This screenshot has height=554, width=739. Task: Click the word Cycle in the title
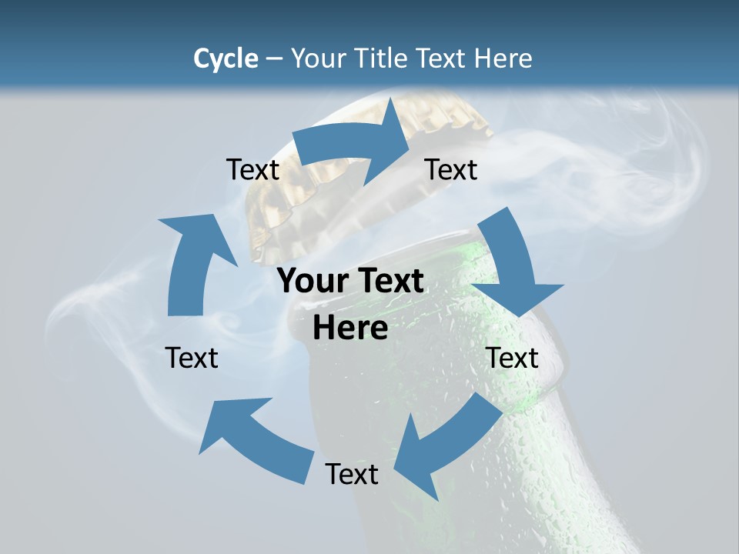point(226,58)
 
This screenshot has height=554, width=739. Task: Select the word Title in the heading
point(385,58)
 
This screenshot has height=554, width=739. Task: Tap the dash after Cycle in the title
point(274,59)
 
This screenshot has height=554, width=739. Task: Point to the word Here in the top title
point(503,58)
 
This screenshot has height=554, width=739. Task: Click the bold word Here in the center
point(350,328)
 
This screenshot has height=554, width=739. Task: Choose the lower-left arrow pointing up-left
point(254,439)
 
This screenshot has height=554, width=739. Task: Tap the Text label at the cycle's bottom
point(352,474)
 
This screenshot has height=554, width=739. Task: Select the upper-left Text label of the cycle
point(252,169)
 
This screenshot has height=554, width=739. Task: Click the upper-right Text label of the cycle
point(451,169)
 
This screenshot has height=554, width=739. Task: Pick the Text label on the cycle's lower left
point(192,358)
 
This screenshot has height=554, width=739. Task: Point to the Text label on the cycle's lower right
point(512,358)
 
